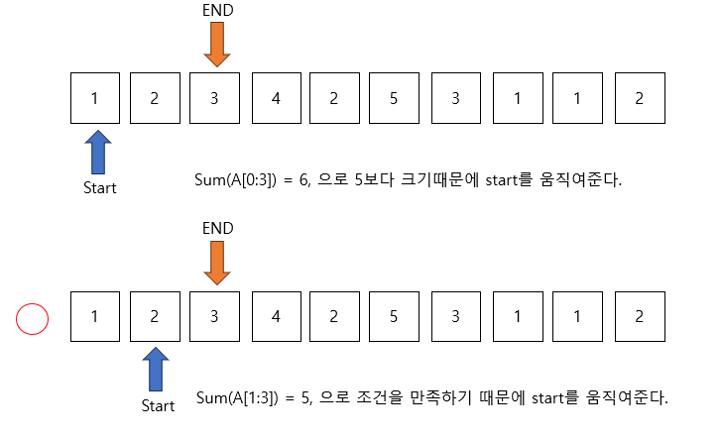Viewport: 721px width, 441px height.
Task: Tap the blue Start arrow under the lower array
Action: pyautogui.click(x=155, y=370)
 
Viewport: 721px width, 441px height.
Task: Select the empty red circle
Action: pyautogui.click(x=33, y=319)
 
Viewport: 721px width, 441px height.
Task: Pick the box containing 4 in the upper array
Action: pyautogui.click(x=276, y=98)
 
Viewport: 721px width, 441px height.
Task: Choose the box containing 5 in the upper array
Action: pyautogui.click(x=395, y=98)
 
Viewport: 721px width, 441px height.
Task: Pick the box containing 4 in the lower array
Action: pyautogui.click(x=276, y=317)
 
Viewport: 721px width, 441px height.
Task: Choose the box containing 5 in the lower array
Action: pyautogui.click(x=395, y=317)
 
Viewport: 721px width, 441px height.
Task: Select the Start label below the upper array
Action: pyautogui.click(x=98, y=187)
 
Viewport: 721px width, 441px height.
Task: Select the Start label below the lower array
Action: pyautogui.click(x=158, y=405)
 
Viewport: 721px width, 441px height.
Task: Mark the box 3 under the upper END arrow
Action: pyautogui.click(x=215, y=98)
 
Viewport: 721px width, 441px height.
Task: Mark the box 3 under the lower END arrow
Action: pyautogui.click(x=215, y=317)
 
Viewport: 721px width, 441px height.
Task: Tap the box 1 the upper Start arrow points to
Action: pyautogui.click(x=95, y=98)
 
